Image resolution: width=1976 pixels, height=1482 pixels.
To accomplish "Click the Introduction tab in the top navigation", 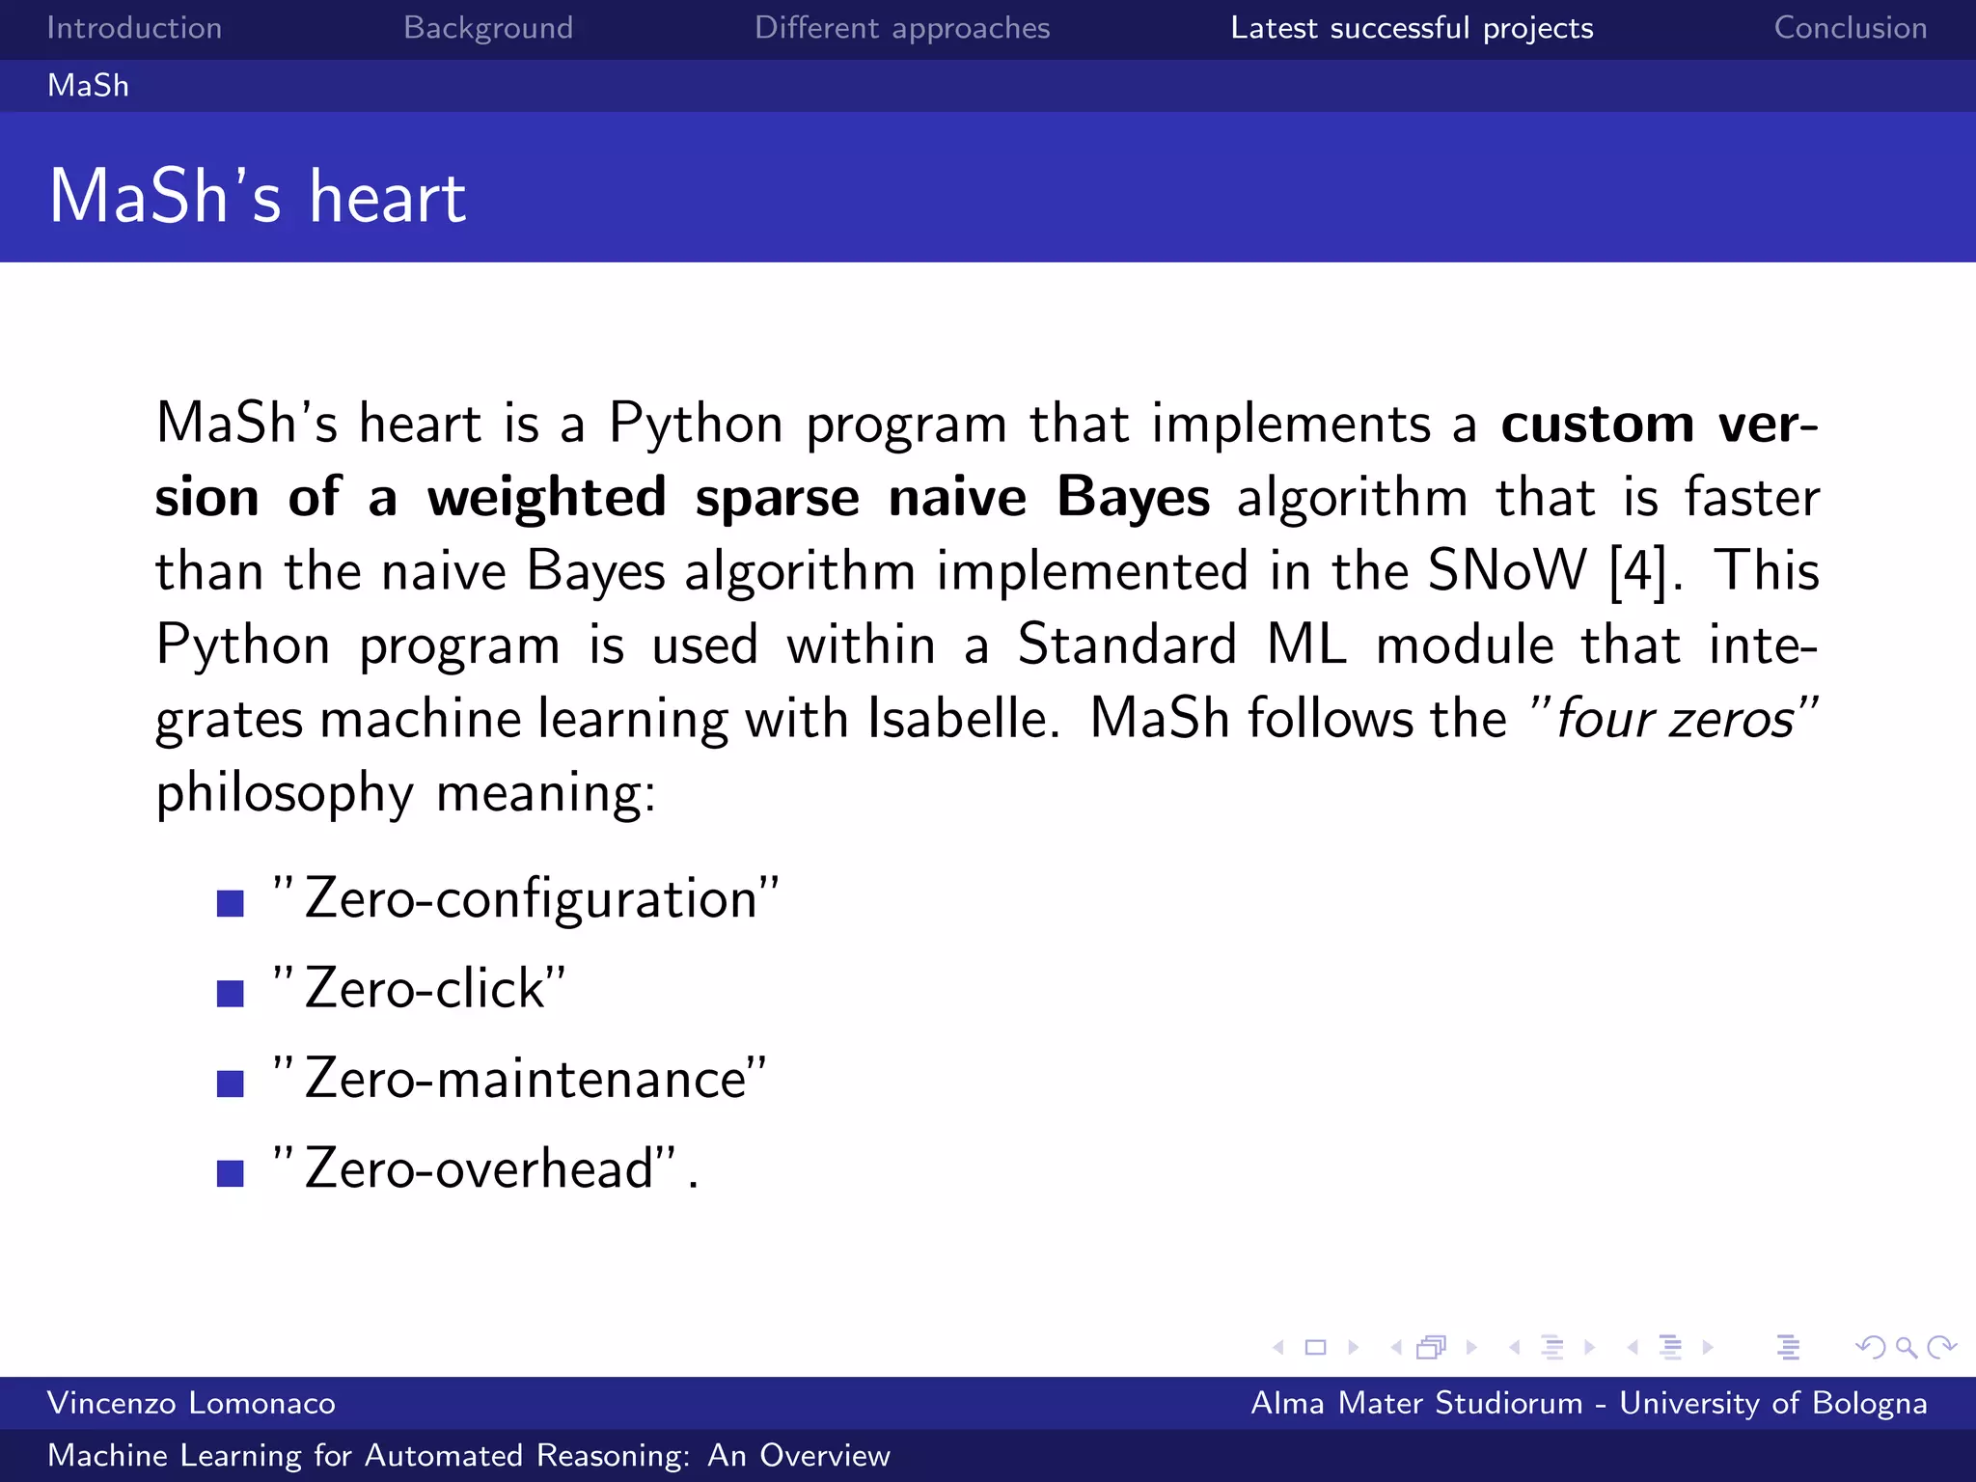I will pos(134,28).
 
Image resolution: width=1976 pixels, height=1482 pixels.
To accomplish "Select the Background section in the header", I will pos(488,28).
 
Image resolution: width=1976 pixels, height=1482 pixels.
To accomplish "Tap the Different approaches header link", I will pos(902,28).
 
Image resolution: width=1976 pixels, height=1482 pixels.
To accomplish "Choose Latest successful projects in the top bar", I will pos(1412,28).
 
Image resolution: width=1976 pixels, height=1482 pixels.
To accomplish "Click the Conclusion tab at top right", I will pos(1850,28).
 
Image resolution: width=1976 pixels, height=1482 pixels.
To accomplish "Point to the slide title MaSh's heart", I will pos(258,196).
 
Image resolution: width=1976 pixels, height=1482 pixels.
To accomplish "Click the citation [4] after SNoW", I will pos(1638,570).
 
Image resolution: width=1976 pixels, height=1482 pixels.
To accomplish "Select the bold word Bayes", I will pos(1133,498).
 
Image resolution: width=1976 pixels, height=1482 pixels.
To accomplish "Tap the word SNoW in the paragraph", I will pos(1506,570).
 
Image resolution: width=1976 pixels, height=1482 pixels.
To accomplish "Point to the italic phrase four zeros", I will pos(1675,719).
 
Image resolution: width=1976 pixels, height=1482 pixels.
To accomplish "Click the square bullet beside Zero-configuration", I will pos(231,903).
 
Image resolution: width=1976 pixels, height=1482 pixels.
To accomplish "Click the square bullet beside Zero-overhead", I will pos(231,1173).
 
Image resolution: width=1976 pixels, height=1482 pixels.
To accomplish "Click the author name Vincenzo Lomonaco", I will pos(191,1403).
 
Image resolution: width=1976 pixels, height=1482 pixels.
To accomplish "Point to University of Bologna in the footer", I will pos(1772,1403).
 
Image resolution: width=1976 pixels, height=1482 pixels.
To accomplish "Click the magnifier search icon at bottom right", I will pos(1906,1347).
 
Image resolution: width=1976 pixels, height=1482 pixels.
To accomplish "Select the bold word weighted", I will pos(547,498).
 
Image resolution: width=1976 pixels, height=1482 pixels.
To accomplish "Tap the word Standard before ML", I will pos(1127,645).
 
